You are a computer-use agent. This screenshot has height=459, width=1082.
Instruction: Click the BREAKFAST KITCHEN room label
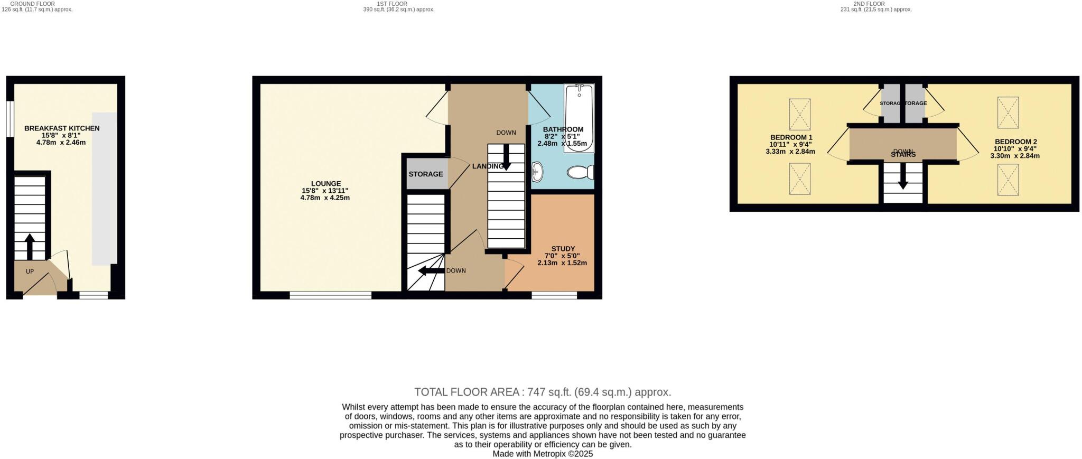tap(62, 128)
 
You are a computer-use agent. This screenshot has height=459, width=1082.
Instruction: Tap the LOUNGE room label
tap(325, 184)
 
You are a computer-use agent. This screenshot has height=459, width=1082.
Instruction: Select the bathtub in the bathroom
tap(579, 118)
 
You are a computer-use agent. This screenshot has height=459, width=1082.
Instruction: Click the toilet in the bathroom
tap(580, 172)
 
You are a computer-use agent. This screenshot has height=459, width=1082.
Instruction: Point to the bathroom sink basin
tap(538, 171)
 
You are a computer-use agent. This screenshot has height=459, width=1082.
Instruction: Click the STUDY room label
tap(563, 249)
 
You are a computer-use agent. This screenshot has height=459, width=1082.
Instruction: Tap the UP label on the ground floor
tap(30, 271)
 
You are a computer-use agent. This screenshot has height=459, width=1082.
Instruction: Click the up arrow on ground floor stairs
tap(30, 246)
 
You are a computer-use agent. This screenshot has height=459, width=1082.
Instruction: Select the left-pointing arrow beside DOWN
tap(431, 271)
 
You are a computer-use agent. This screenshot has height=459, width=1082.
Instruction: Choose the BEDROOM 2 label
tap(1015, 142)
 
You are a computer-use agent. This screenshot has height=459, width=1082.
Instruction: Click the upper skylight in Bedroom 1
tap(799, 114)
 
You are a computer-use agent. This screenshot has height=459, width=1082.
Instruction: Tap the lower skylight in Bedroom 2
tap(1008, 180)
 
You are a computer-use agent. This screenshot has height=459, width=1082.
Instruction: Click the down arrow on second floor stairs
tap(903, 176)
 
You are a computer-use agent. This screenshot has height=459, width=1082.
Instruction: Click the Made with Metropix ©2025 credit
tap(543, 454)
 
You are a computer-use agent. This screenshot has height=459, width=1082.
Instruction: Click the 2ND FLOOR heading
tap(869, 4)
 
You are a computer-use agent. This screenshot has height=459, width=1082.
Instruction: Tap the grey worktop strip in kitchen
tap(105, 188)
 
